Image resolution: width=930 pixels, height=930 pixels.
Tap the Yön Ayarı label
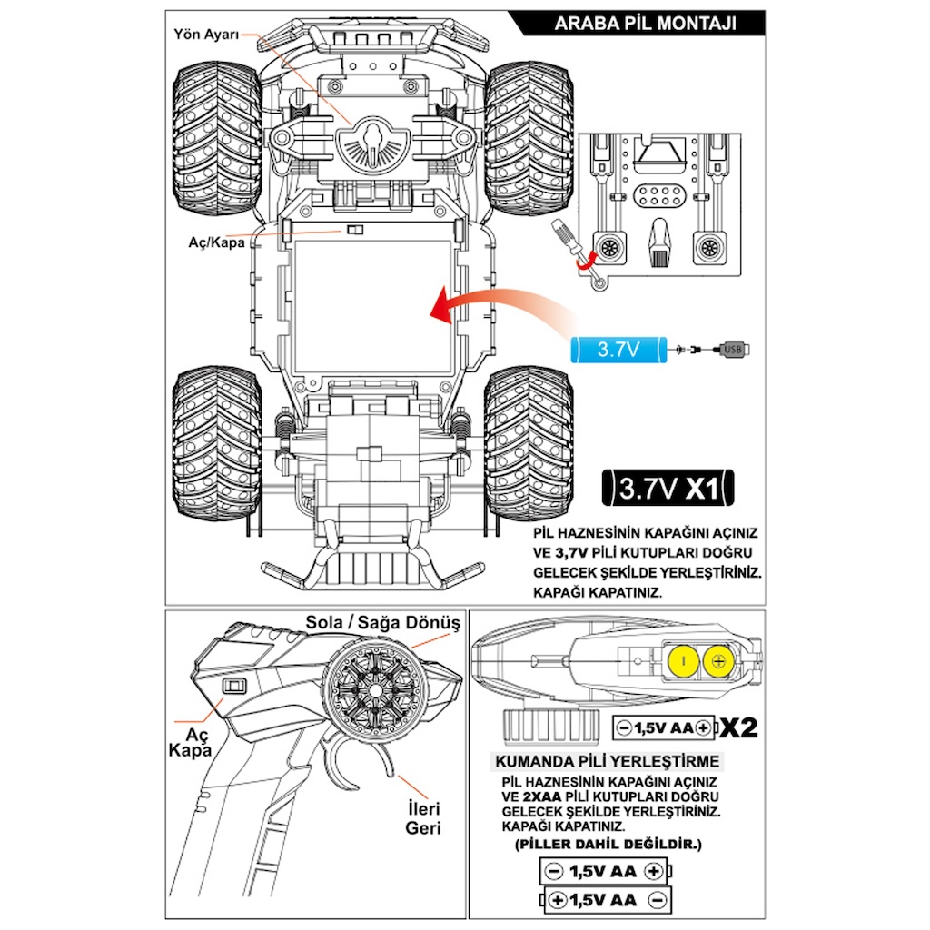pyautogui.click(x=206, y=34)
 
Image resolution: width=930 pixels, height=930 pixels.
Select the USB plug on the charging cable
pyautogui.click(x=734, y=349)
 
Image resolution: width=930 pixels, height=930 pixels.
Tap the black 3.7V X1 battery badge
pyautogui.click(x=668, y=490)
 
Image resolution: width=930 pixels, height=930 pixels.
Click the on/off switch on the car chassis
pyautogui.click(x=354, y=232)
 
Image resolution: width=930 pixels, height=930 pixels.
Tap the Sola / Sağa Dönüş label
pyautogui.click(x=382, y=623)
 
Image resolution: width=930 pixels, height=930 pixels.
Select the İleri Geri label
pyautogui.click(x=423, y=818)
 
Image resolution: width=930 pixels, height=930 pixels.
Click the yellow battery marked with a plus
pyautogui.click(x=718, y=661)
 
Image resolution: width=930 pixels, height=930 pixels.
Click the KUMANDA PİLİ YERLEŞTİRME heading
pyautogui.click(x=605, y=761)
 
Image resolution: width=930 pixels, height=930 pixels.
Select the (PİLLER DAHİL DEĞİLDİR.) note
pyautogui.click(x=608, y=845)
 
